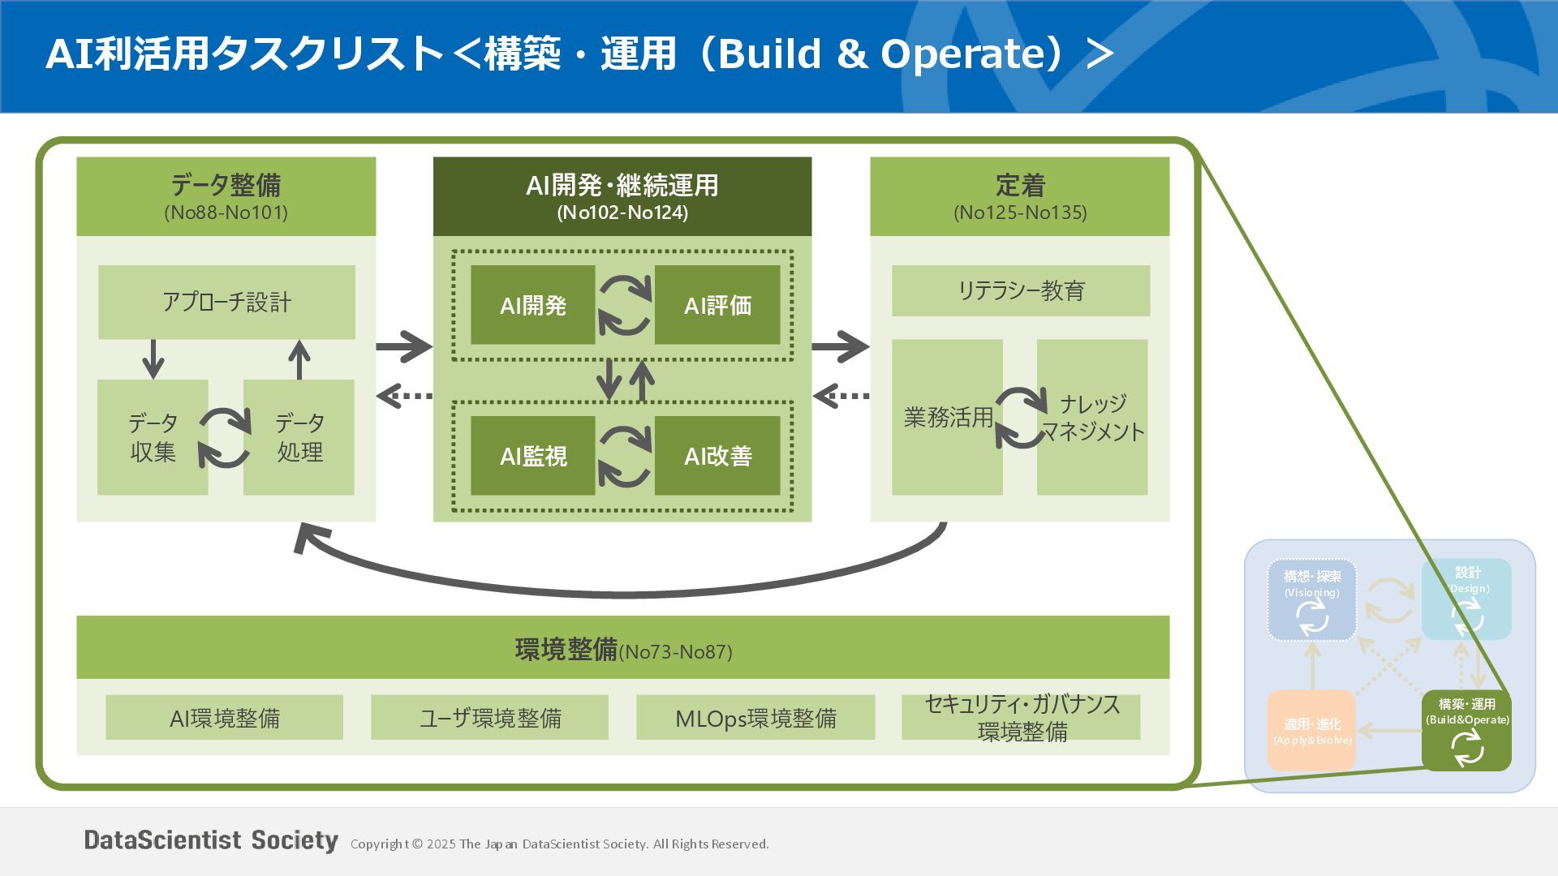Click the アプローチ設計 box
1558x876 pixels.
(x=226, y=302)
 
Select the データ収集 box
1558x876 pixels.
(x=153, y=437)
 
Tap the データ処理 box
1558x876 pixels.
(x=299, y=437)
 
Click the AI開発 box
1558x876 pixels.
(x=532, y=305)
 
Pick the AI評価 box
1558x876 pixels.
(x=717, y=305)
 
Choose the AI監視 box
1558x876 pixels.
(x=532, y=456)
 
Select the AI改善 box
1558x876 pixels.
(x=717, y=456)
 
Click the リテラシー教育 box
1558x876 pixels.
(x=1020, y=290)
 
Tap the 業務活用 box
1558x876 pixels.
(x=947, y=417)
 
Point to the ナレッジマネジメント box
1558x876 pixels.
(x=1092, y=417)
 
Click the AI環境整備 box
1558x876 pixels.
(x=224, y=717)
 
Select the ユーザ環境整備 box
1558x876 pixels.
(x=489, y=717)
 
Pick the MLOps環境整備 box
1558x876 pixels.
(x=755, y=717)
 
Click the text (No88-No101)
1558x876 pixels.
(x=226, y=213)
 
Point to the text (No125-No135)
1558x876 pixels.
(x=1020, y=213)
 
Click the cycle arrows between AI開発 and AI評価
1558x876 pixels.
(x=625, y=305)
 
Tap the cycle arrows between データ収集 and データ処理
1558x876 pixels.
(x=226, y=438)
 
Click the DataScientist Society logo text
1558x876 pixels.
(x=211, y=840)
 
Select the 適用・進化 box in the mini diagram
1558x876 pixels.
(x=1311, y=730)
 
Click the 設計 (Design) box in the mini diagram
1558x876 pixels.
(x=1466, y=599)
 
